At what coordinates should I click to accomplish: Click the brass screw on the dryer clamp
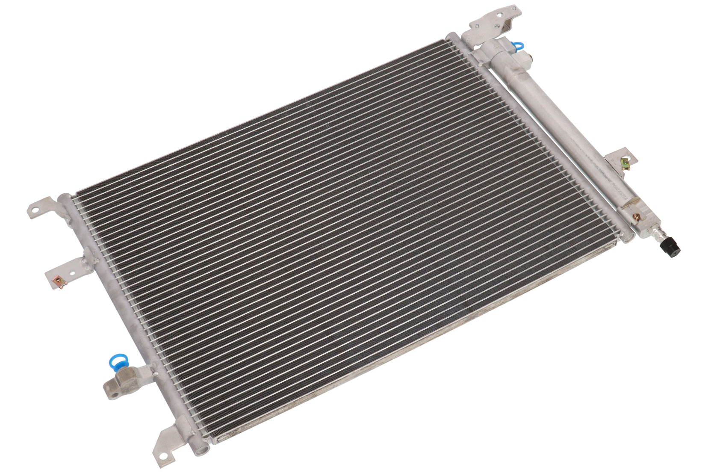coord(636,217)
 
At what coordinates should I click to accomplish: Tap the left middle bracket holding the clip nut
coord(71,269)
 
